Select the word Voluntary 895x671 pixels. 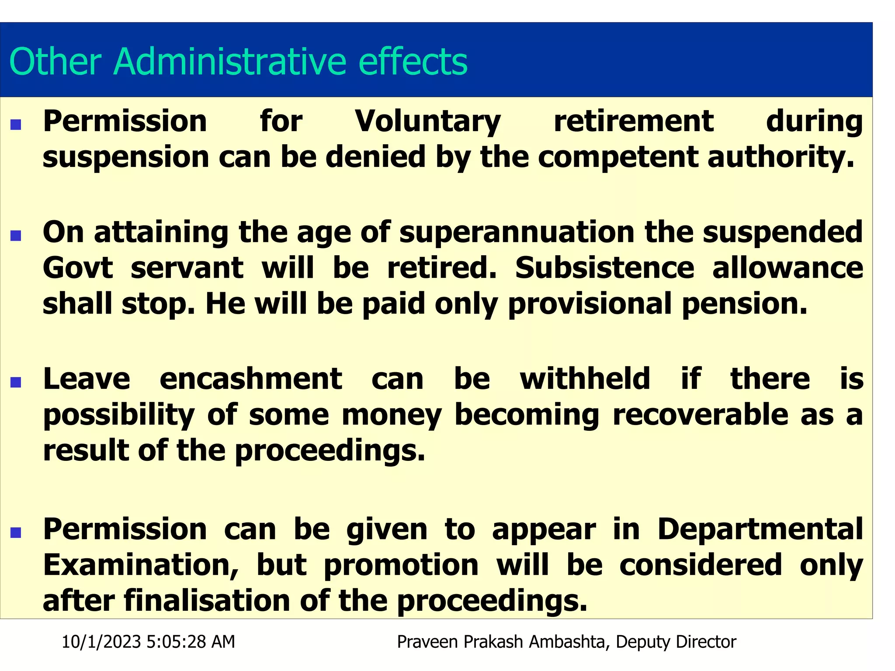pos(428,121)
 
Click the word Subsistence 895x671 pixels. pos(604,268)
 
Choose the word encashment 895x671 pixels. pos(251,379)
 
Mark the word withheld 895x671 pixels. pos(585,379)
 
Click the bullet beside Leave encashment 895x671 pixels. pos(16,383)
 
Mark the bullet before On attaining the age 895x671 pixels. pos(16,236)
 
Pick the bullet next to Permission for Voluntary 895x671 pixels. pos(16,125)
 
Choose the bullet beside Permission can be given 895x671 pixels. pos(16,533)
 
